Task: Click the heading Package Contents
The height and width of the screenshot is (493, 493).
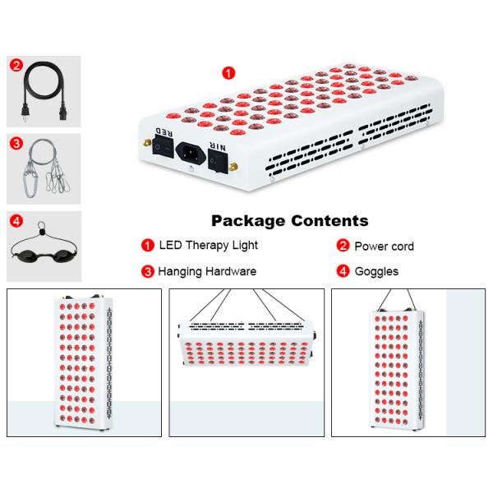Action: (289, 221)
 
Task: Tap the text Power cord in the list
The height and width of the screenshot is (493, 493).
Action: (384, 246)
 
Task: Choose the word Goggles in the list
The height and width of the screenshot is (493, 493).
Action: (376, 271)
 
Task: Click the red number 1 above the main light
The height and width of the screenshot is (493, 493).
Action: (228, 72)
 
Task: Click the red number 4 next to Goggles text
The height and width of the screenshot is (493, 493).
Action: (343, 271)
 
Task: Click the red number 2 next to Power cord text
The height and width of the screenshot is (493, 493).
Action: (343, 246)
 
